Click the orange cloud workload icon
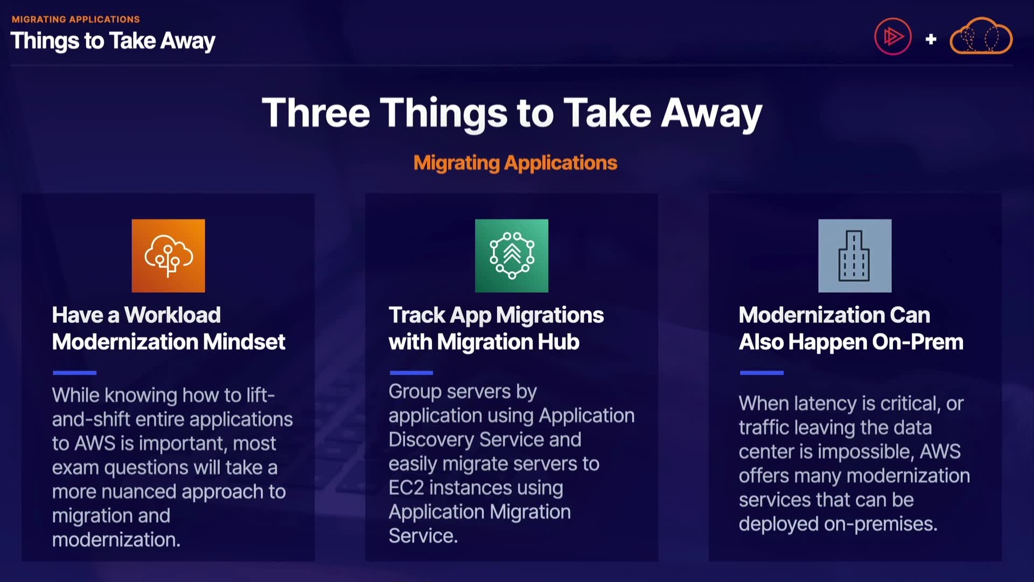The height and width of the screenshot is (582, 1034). pyautogui.click(x=168, y=255)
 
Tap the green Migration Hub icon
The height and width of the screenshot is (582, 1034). pyautogui.click(x=512, y=255)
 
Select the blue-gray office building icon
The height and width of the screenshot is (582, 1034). pyautogui.click(x=855, y=255)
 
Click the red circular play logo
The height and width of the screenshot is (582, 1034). pyautogui.click(x=892, y=37)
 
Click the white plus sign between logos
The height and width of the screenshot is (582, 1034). pyautogui.click(x=931, y=39)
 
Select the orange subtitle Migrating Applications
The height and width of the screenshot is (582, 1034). pyautogui.click(x=515, y=163)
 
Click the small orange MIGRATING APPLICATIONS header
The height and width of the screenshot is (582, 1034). pyautogui.click(x=76, y=19)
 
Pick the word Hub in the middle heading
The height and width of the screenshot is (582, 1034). pyautogui.click(x=561, y=342)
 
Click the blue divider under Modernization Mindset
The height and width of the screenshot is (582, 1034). pyautogui.click(x=74, y=372)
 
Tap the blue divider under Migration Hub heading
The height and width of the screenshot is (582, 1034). pyautogui.click(x=411, y=372)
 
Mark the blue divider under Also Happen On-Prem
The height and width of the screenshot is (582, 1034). pyautogui.click(x=761, y=372)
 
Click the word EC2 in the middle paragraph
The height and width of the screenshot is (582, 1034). pyautogui.click(x=406, y=488)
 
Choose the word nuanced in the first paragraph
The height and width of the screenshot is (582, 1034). pyautogui.click(x=138, y=491)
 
